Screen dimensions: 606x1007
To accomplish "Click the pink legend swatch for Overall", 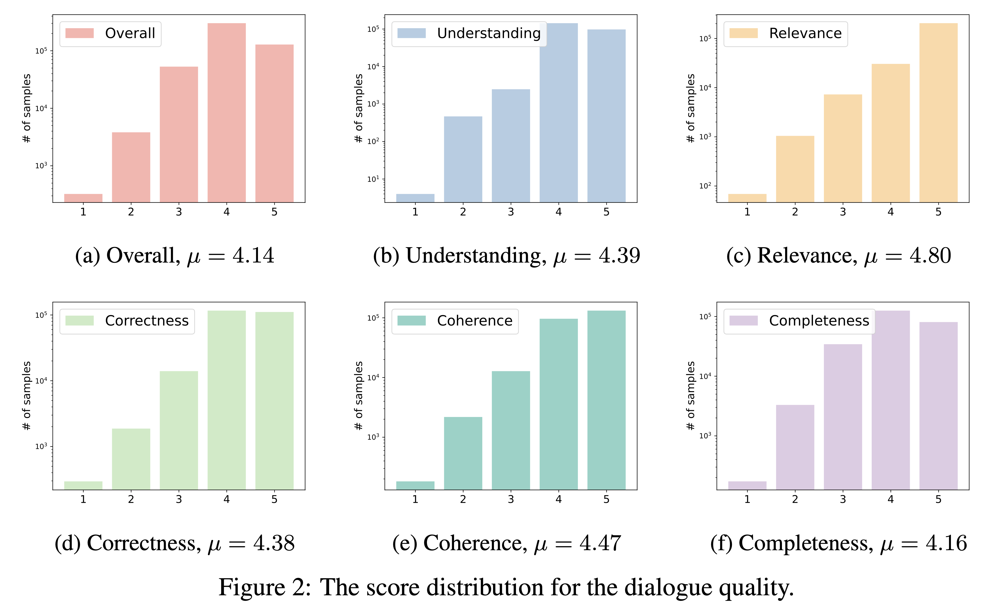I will pyautogui.click(x=80, y=33).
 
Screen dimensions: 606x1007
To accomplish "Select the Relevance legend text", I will pyautogui.click(x=805, y=33).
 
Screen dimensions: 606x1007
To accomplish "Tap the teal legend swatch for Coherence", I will pyautogui.click(x=412, y=321).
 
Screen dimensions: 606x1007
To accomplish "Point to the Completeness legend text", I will pyautogui.click(x=819, y=321).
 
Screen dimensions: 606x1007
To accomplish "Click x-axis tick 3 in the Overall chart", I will pyautogui.click(x=178, y=212).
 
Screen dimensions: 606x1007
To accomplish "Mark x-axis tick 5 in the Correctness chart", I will pyautogui.click(x=274, y=499).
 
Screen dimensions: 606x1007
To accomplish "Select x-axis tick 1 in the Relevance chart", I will pyautogui.click(x=747, y=212).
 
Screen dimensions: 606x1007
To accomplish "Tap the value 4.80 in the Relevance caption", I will pyautogui.click(x=930, y=256).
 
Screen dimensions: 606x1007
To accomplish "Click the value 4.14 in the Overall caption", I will pyautogui.click(x=253, y=256).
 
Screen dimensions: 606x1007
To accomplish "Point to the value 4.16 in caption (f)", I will pyautogui.click(x=947, y=543).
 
